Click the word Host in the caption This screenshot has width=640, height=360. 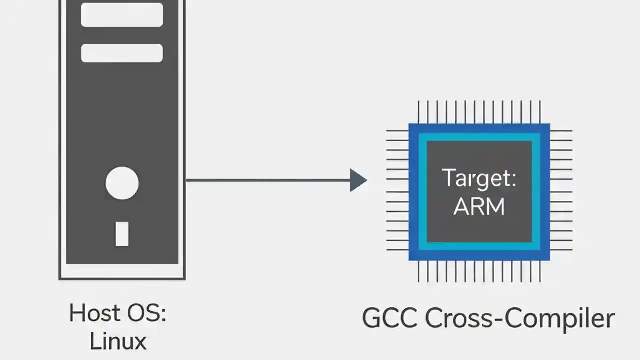point(92,313)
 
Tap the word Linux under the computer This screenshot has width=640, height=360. point(118,341)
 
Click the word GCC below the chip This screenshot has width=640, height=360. point(389,318)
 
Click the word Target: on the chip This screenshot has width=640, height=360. point(479,178)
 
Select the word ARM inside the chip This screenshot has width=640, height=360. point(479,206)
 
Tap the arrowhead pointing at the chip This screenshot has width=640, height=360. point(358,180)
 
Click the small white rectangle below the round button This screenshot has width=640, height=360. point(122,234)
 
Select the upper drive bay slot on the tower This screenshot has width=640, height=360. point(122,15)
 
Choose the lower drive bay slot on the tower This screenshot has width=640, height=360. point(122,53)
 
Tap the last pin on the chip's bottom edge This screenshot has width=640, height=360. point(540,271)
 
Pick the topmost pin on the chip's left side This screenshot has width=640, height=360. point(398,131)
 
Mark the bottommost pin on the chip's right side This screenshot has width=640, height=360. point(561,250)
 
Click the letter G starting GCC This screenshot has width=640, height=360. point(372,318)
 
